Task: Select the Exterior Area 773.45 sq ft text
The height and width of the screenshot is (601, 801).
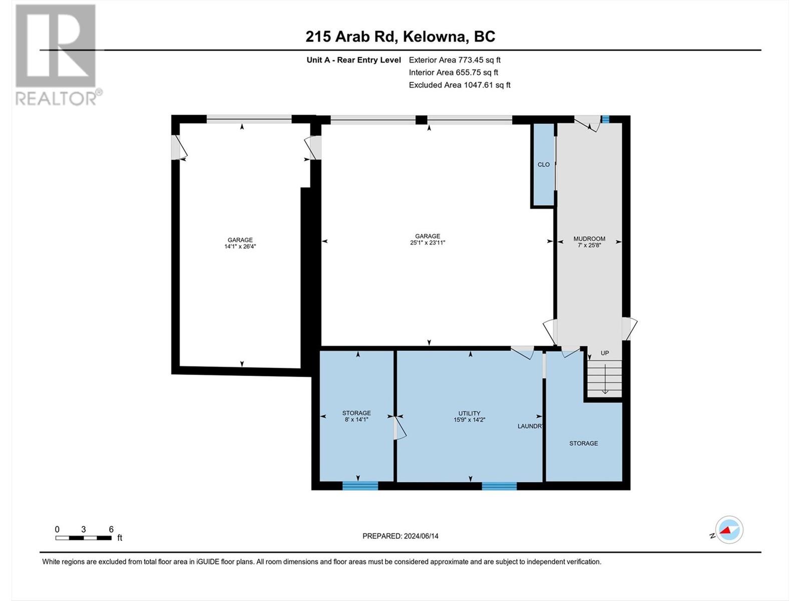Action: pos(455,60)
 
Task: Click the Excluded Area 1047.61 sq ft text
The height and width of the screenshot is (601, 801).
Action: pos(460,85)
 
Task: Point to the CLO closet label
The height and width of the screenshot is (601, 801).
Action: pos(543,164)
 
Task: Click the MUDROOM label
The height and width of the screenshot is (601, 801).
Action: pos(589,239)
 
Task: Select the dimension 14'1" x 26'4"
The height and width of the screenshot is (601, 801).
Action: pos(240,246)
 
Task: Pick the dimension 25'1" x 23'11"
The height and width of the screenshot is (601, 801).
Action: pos(428,242)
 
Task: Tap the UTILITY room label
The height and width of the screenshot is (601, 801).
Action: pos(470,413)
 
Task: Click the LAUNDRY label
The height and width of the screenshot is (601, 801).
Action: pos(530,426)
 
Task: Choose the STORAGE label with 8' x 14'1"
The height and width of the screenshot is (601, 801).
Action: pos(356,413)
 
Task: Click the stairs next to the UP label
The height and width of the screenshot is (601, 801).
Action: pos(605,378)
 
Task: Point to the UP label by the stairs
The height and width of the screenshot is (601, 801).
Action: pos(605,353)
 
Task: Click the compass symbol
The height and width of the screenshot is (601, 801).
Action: pos(729,530)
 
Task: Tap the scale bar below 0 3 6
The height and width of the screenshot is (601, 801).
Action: pos(83,538)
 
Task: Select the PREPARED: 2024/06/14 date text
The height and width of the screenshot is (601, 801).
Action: pos(400,536)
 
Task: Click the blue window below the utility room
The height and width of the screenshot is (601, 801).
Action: pos(499,485)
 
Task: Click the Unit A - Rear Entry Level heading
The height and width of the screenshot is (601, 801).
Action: pos(353,60)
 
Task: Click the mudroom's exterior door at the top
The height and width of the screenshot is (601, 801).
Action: pos(587,122)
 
